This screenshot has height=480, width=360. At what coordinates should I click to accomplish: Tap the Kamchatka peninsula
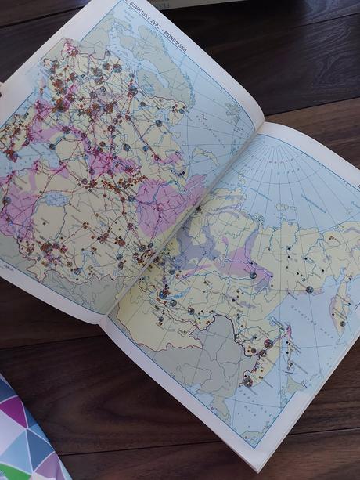pyautogui.click(x=341, y=301)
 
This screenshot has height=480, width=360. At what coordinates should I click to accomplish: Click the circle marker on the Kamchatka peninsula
pyautogui.click(x=341, y=323)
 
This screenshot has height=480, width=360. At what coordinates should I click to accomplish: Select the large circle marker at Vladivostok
pyautogui.click(x=248, y=381)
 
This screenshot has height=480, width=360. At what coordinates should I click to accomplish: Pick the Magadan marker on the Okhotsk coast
pyautogui.click(x=309, y=289)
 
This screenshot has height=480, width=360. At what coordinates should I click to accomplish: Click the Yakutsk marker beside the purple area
pyautogui.click(x=252, y=275)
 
